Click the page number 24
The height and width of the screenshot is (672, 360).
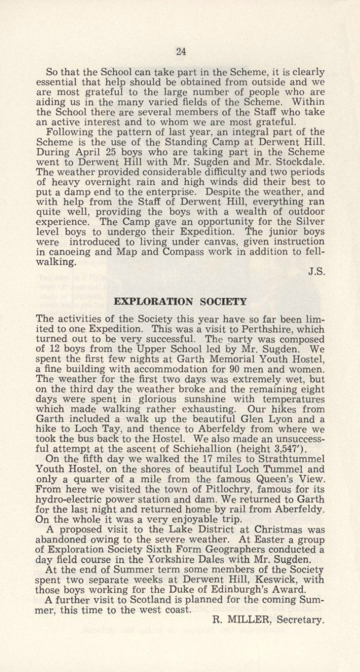[180, 51]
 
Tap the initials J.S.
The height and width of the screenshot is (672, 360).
[315, 270]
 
